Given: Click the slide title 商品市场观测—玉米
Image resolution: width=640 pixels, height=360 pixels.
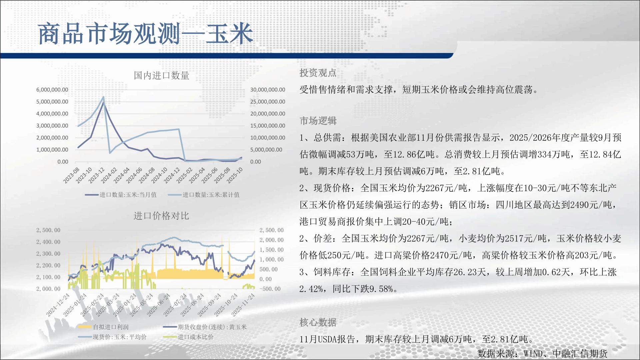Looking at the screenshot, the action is tap(146, 34).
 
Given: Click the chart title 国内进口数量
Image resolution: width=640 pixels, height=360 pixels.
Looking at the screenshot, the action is tap(162, 76).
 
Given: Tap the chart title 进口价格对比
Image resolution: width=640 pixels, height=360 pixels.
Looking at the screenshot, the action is tap(161, 216).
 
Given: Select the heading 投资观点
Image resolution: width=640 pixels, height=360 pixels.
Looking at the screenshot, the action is tap(318, 73).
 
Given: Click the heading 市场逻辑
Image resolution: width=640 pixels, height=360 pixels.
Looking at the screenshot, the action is tap(318, 121).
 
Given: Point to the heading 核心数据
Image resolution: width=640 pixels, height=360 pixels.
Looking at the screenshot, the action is tap(318, 322).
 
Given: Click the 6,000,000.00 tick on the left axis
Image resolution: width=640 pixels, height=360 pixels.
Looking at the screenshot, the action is tap(52, 90).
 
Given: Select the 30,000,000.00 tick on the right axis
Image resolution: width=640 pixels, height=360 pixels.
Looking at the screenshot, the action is tap(268, 90).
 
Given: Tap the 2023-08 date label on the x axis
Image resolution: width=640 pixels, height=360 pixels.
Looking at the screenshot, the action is tap(71, 175).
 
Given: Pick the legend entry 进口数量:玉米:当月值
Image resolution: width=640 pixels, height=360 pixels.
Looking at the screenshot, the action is tap(121, 195).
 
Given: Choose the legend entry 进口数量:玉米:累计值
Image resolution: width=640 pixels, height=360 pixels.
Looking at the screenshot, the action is tap(204, 195).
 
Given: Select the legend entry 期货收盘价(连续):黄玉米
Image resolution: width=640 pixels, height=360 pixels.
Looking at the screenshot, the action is tap(205, 327).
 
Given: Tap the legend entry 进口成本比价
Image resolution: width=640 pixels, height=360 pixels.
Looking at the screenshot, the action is tap(188, 337).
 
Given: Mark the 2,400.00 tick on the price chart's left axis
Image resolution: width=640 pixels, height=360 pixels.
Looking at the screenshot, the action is tap(48, 242).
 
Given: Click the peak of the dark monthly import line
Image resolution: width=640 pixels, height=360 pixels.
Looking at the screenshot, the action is tap(103, 103).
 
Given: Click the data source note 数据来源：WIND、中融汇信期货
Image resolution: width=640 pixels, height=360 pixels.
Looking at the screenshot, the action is tap(542, 353).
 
